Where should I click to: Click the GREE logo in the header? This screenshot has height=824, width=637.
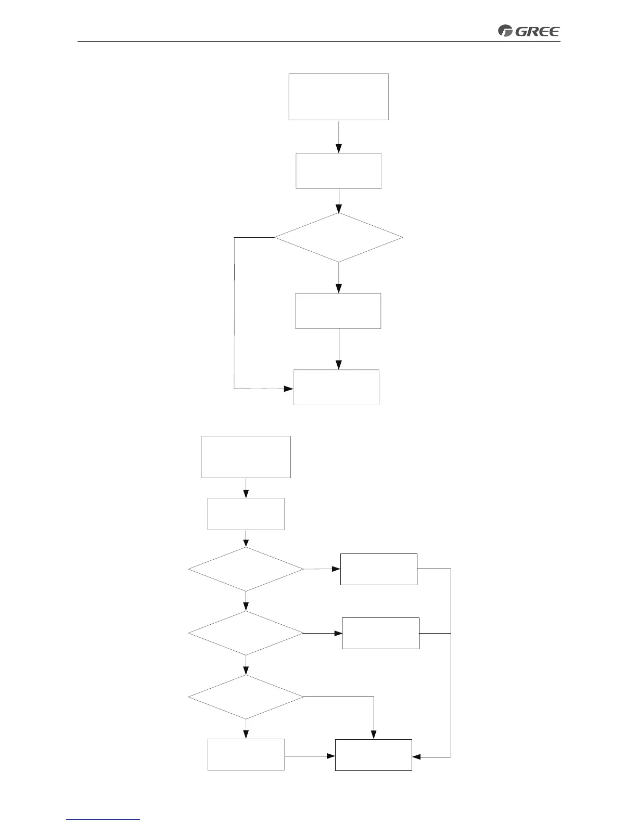pyautogui.click(x=529, y=31)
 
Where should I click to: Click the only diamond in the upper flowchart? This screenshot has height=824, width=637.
pyautogui.click(x=339, y=238)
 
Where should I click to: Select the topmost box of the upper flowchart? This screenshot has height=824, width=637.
pyautogui.click(x=339, y=97)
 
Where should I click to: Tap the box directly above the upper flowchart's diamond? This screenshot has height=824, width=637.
pyautogui.click(x=339, y=171)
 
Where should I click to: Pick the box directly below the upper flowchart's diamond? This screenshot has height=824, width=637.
pyautogui.click(x=338, y=311)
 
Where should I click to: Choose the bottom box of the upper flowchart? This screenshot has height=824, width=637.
pyautogui.click(x=337, y=387)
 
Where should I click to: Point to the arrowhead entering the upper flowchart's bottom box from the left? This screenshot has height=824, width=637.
pyautogui.click(x=289, y=389)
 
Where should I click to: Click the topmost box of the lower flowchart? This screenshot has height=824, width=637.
pyautogui.click(x=246, y=457)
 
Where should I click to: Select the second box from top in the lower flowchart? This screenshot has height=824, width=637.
pyautogui.click(x=246, y=514)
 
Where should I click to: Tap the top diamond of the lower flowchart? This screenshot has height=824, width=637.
pyautogui.click(x=246, y=569)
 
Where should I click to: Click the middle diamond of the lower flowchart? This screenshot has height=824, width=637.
pyautogui.click(x=246, y=633)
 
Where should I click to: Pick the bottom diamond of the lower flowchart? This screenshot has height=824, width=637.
pyautogui.click(x=246, y=697)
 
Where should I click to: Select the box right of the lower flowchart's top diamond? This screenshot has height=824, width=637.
pyautogui.click(x=379, y=569)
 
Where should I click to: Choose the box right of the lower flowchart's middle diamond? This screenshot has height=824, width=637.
pyautogui.click(x=380, y=633)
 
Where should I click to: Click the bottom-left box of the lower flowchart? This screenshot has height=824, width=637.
pyautogui.click(x=246, y=754)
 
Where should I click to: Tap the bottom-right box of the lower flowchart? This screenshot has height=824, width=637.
pyautogui.click(x=374, y=755)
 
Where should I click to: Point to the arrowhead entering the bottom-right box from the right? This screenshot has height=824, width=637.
pyautogui.click(x=416, y=757)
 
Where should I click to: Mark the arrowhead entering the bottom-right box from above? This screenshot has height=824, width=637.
pyautogui.click(x=374, y=735)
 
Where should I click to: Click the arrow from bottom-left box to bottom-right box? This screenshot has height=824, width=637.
pyautogui.click(x=310, y=755)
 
